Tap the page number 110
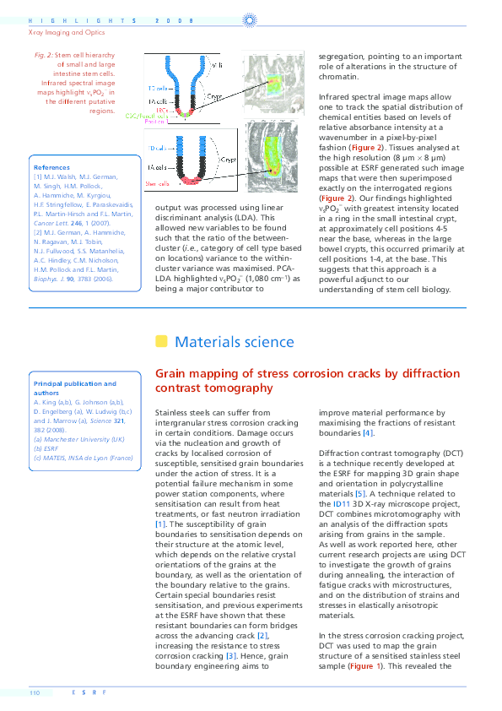pyautogui.click(x=35, y=692)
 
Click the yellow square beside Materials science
pyautogui.click(x=161, y=341)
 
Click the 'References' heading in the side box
pyautogui.click(x=52, y=168)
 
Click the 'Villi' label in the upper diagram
pyautogui.click(x=215, y=64)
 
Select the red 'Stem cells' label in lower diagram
pyautogui.click(x=159, y=182)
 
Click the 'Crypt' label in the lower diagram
pyautogui.click(x=229, y=158)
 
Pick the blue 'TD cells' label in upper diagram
pyautogui.click(x=158, y=88)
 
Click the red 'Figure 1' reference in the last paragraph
pyautogui.click(x=365, y=665)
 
